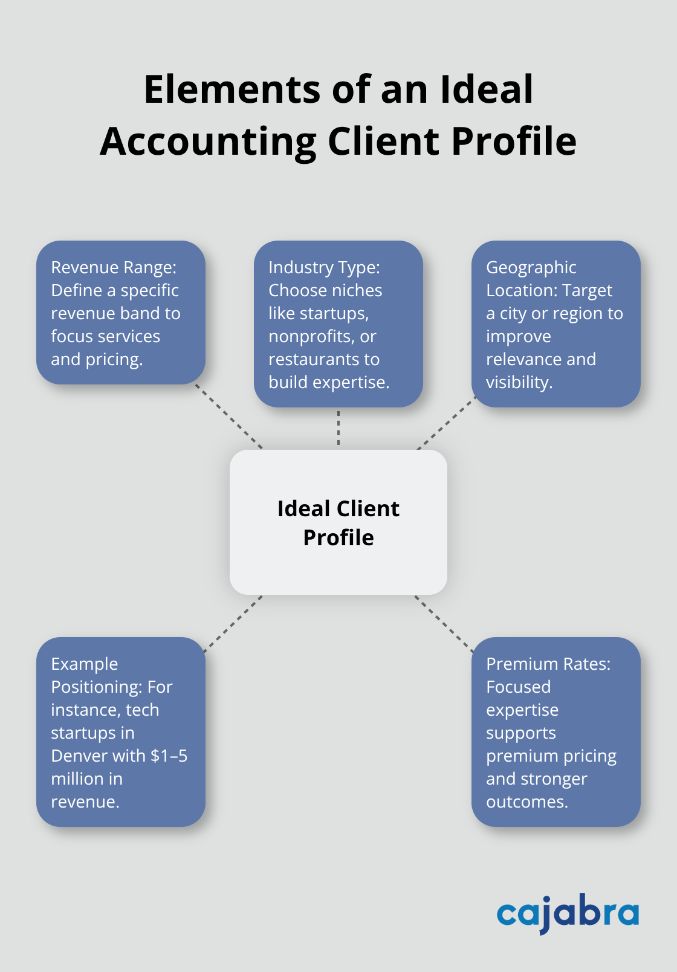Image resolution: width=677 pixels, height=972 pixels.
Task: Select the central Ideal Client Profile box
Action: (x=338, y=522)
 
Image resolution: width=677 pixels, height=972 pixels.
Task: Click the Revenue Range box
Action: (x=121, y=313)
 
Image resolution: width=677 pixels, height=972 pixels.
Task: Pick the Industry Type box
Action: (x=338, y=324)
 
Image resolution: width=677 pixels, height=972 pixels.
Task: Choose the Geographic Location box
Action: (x=556, y=324)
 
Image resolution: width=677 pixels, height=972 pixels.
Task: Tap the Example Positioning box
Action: (x=121, y=732)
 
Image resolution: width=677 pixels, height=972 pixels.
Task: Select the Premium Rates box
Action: (x=556, y=732)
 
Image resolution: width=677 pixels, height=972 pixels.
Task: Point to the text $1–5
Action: (x=169, y=756)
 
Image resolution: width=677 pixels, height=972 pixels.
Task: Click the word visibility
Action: (x=519, y=382)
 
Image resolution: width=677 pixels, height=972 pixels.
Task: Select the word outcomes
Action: (x=526, y=802)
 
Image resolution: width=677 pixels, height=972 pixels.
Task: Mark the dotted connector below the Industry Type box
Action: (x=338, y=428)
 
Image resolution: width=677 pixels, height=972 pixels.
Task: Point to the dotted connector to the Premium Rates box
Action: (x=444, y=624)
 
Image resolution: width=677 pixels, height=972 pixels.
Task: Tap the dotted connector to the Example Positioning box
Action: (x=233, y=624)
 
